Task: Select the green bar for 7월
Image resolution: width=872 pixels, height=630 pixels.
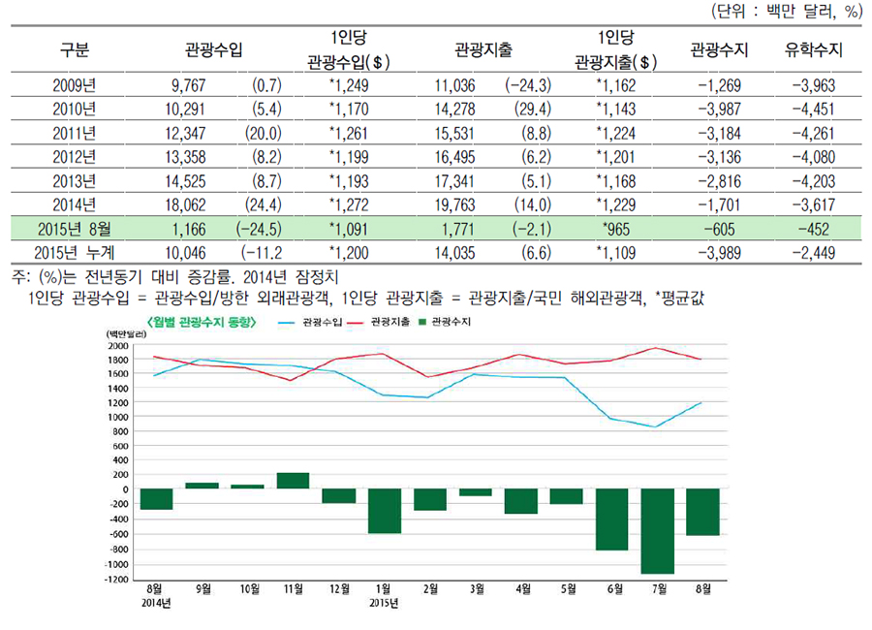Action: point(657,530)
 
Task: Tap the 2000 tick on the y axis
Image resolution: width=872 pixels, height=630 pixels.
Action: point(117,345)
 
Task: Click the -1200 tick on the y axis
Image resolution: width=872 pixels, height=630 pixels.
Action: point(115,580)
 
